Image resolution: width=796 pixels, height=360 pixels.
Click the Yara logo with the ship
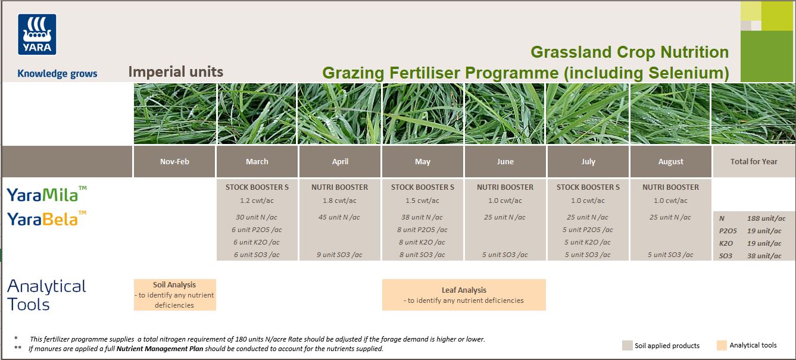pyautogui.click(x=37, y=35)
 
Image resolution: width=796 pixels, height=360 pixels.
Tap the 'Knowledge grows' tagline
pyautogui.click(x=57, y=74)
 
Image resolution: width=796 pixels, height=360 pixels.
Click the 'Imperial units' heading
pyautogui.click(x=176, y=72)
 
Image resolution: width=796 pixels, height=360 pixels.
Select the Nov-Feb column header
pyautogui.click(x=174, y=162)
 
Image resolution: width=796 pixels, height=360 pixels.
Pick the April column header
pyautogui.click(x=340, y=162)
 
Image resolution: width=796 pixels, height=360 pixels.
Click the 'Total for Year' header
pyautogui.click(x=754, y=162)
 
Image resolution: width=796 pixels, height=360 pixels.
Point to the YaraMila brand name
pyautogui.click(x=46, y=195)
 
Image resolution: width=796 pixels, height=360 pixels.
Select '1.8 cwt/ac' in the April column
pyautogui.click(x=340, y=201)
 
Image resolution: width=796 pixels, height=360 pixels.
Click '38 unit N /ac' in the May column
pyautogui.click(x=423, y=217)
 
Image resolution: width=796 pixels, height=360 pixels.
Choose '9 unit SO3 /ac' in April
pyautogui.click(x=340, y=255)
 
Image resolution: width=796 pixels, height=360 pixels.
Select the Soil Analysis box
pyautogui.click(x=174, y=295)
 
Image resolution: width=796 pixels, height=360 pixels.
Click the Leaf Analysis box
pyautogui.click(x=464, y=295)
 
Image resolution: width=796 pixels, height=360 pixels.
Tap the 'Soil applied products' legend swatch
pyautogui.click(x=627, y=346)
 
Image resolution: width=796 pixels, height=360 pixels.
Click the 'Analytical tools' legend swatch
pyautogui.click(x=722, y=346)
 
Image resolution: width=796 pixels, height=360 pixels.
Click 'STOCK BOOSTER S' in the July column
pyautogui.click(x=588, y=187)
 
